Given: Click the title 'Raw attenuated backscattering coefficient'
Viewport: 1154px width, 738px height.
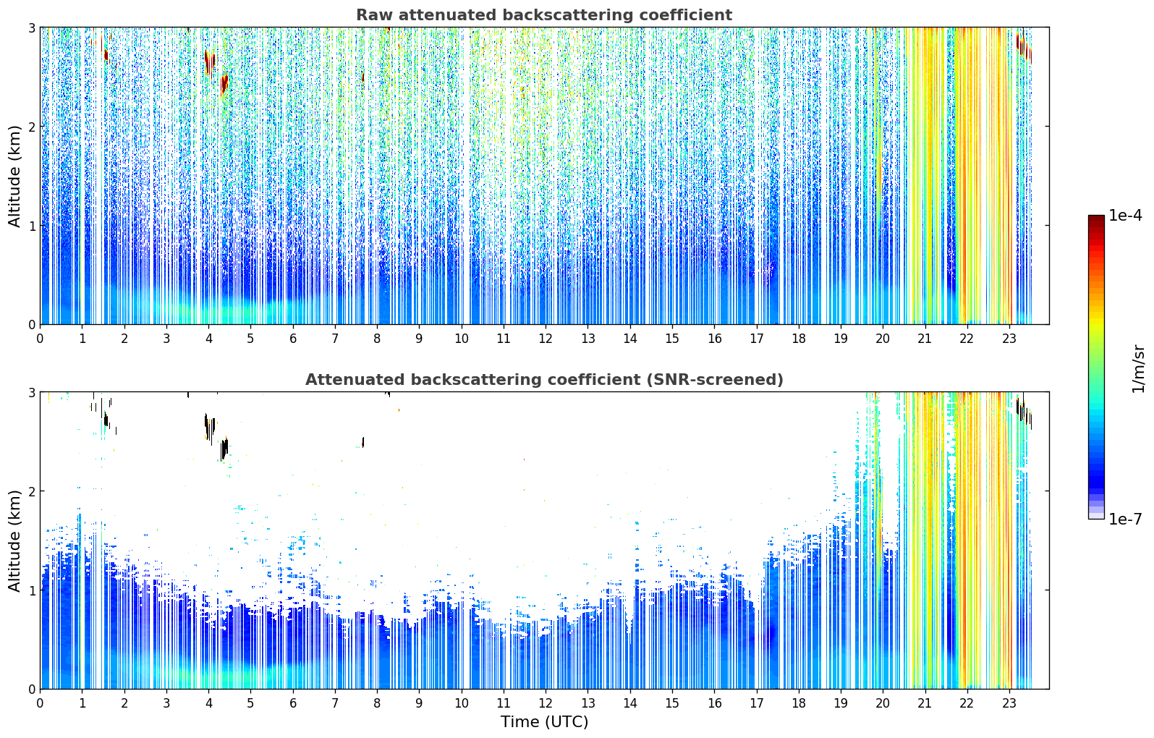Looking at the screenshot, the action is tap(544, 15).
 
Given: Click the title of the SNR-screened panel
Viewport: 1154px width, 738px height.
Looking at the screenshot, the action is tap(544, 379).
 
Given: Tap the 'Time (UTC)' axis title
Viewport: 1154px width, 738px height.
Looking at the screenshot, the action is tap(544, 721).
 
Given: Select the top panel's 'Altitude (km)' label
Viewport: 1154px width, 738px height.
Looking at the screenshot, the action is tap(14, 177).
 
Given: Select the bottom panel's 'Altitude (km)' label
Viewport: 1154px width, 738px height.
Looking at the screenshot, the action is tap(14, 540).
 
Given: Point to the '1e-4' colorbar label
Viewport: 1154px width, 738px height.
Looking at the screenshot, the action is tap(1125, 215).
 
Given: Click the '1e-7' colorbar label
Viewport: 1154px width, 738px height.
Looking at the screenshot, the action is tap(1125, 519).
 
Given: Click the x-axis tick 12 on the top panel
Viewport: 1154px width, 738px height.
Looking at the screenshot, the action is tap(546, 339).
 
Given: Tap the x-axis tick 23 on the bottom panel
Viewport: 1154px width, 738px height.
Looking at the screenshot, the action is tap(1009, 703).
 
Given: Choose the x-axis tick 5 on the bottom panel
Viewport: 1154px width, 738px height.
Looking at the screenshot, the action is tap(250, 703).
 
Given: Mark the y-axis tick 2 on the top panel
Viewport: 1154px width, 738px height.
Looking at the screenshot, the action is tap(31, 127).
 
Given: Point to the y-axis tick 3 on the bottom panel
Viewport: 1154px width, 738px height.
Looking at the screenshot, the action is tap(31, 392).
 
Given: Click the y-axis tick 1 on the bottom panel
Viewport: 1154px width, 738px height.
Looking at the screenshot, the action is tap(31, 590).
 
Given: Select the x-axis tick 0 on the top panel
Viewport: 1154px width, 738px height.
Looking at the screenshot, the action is tap(41, 339).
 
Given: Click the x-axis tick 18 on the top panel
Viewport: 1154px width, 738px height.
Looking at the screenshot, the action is tap(799, 339).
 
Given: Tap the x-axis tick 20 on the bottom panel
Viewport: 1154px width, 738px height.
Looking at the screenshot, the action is tap(883, 703).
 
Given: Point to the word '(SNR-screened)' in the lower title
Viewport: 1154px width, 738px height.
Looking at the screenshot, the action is tap(712, 380).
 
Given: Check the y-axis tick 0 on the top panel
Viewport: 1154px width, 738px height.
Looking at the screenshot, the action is tap(31, 325).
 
